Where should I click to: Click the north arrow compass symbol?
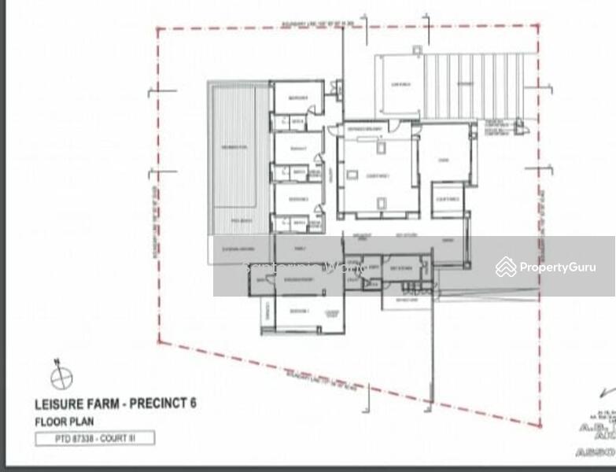click(61, 378)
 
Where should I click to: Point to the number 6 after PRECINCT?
click(193, 404)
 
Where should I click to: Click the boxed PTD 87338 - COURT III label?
click(94, 439)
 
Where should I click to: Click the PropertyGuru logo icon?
click(506, 267)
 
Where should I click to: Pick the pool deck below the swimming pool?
click(234, 221)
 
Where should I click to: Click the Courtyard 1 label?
click(378, 176)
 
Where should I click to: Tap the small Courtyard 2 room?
click(447, 199)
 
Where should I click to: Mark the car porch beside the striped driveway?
click(399, 87)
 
